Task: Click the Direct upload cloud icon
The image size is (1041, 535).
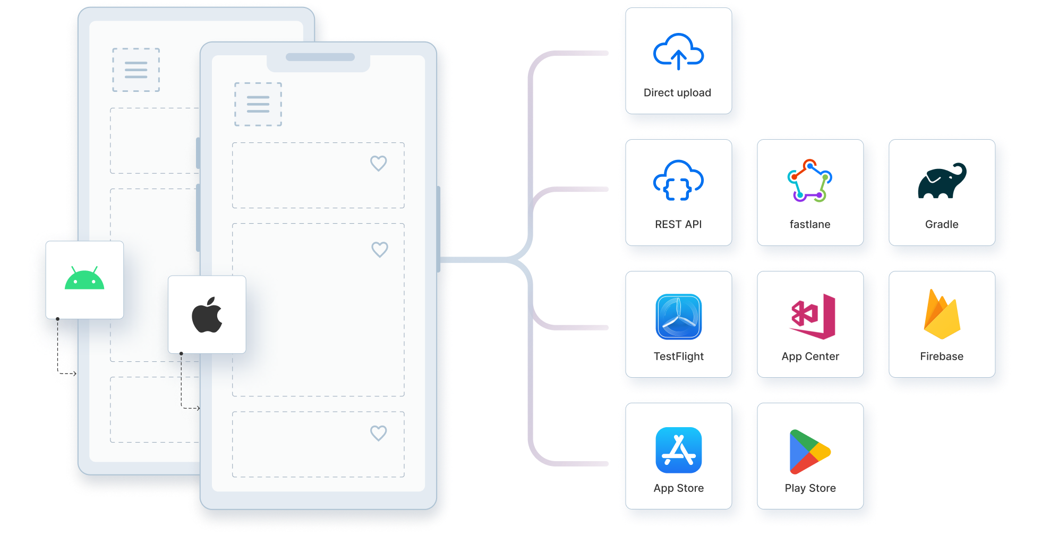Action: coord(678,52)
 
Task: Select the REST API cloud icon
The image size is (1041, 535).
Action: coord(678,181)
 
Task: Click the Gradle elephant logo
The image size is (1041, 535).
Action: coord(942,181)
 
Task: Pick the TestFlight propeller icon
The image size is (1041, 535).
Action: coord(678,317)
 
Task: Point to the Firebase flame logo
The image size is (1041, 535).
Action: coord(942,315)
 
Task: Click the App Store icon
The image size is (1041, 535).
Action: coord(678,450)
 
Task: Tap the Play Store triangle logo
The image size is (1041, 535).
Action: coord(809,452)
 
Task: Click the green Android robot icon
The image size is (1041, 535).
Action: coord(84,279)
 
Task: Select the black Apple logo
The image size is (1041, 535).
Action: coord(207,315)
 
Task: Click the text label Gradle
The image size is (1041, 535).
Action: coord(942,224)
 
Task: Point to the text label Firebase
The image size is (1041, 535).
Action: coord(942,356)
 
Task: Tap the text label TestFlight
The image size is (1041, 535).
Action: coord(678,356)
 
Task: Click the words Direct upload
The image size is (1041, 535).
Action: coord(677,92)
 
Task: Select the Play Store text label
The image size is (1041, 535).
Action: coord(810,488)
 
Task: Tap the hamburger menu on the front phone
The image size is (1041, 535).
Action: coord(258,104)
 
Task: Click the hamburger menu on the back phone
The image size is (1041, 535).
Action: coord(136,70)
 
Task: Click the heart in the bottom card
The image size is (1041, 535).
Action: coord(379,433)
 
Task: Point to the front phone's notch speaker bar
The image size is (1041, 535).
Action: coord(320,57)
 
